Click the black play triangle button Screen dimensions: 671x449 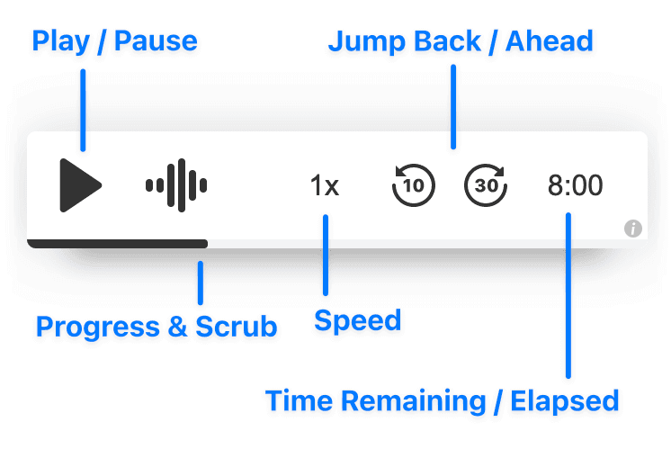80,185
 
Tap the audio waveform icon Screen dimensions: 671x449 177,185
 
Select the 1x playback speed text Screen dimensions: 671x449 325,186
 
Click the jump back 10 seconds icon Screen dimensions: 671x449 414,186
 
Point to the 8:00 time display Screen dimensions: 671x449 576,186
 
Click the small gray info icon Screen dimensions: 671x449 633,229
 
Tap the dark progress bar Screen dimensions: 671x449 117,243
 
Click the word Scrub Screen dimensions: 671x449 237,326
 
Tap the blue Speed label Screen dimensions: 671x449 357,320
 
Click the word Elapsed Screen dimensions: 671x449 565,400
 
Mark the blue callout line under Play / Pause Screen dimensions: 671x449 83,108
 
